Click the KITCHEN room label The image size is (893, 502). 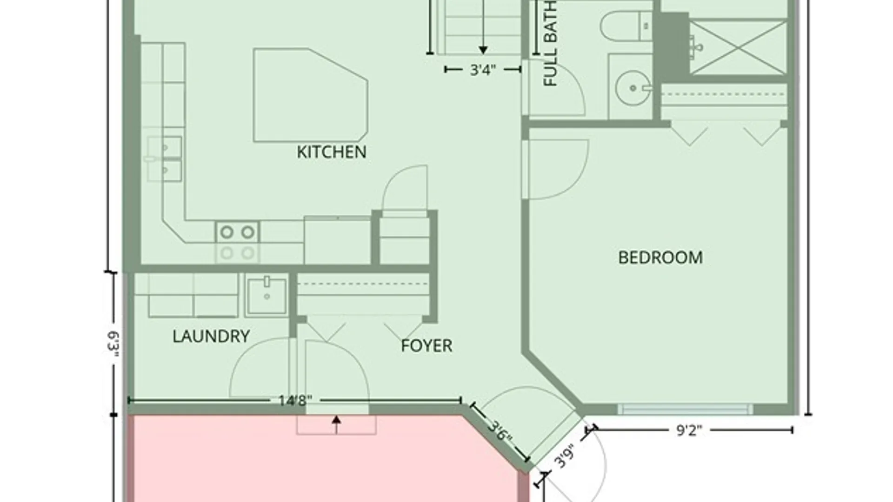(x=332, y=152)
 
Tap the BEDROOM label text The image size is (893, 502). (x=660, y=258)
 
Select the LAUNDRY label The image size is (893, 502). (x=211, y=336)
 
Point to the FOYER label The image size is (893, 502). (x=427, y=345)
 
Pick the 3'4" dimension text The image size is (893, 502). (x=483, y=70)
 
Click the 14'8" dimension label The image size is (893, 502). (x=295, y=400)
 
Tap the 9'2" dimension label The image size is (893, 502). (x=689, y=430)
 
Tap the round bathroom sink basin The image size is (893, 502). (x=633, y=87)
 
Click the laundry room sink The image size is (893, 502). (x=267, y=295)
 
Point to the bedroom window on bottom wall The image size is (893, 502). (x=685, y=410)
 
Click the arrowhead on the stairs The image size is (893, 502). (x=483, y=50)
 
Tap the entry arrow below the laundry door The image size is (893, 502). (x=336, y=420)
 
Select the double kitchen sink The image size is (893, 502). (x=165, y=159)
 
